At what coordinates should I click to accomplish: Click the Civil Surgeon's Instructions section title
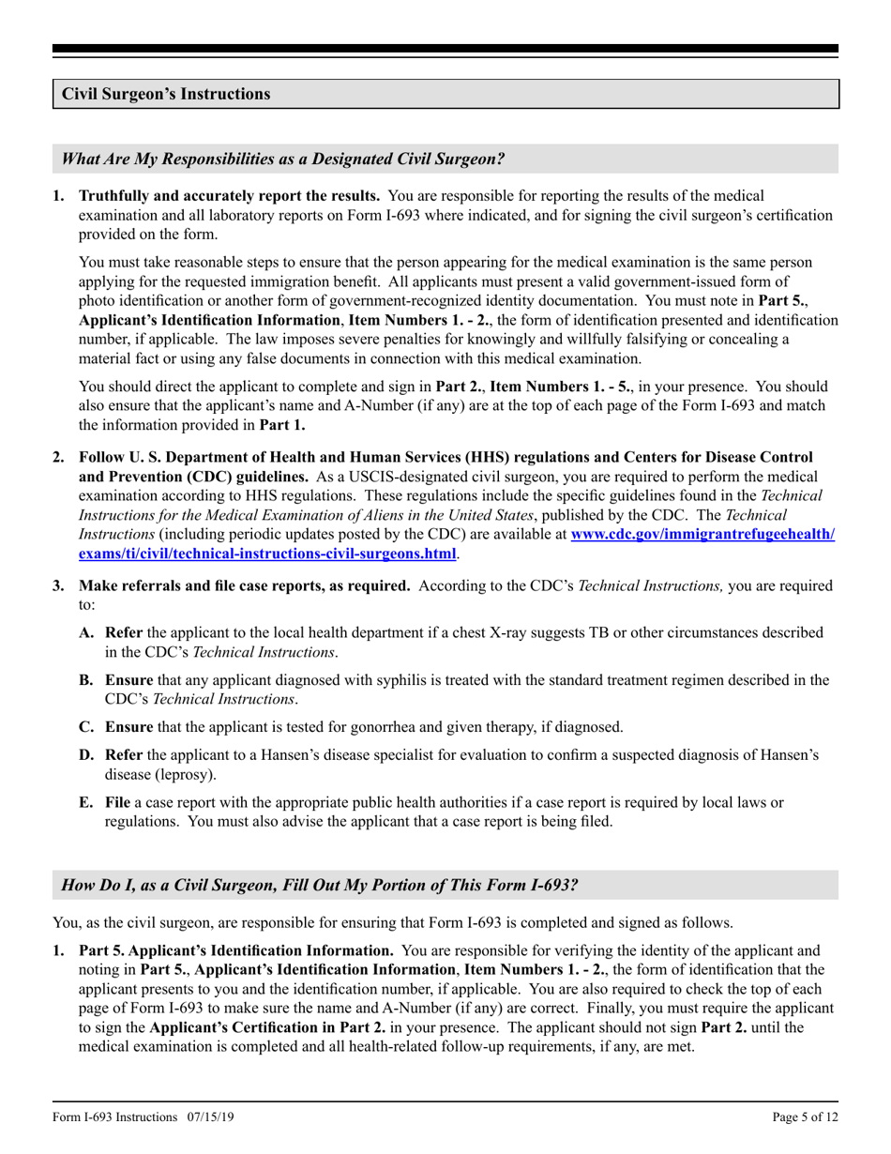166,94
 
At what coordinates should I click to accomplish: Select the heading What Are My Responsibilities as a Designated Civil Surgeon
282,159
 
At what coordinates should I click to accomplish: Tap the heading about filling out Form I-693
319,885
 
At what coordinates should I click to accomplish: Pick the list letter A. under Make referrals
86,632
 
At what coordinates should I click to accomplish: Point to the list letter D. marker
86,754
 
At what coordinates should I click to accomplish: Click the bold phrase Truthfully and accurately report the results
229,196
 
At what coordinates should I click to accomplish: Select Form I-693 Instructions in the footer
114,1116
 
